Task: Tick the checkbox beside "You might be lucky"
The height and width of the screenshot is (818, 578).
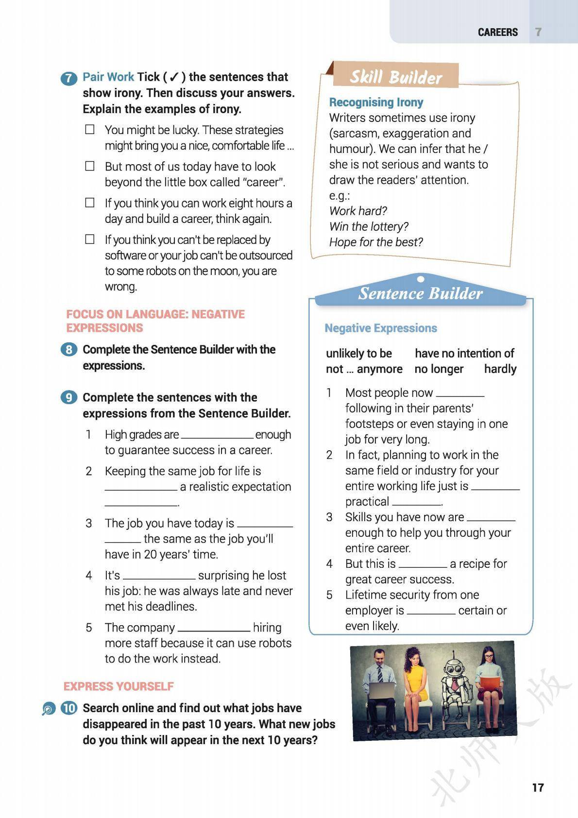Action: click(90, 130)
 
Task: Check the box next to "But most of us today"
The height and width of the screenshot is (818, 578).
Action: click(90, 166)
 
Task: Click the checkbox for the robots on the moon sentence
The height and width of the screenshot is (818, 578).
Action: click(90, 239)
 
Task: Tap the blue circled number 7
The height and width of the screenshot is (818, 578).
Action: click(69, 78)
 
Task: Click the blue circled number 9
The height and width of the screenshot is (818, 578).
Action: click(69, 398)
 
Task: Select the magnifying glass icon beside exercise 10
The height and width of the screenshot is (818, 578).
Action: click(49, 709)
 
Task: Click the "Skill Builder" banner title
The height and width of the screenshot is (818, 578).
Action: click(396, 77)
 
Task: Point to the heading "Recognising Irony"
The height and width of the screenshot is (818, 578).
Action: click(376, 102)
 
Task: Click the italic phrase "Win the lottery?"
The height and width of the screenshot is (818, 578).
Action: click(369, 226)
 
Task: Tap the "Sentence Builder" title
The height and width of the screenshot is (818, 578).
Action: click(420, 293)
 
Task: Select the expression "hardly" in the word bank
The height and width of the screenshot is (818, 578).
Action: click(500, 369)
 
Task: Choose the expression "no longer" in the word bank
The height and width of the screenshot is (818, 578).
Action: click(439, 369)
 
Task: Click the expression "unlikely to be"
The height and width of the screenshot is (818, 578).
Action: click(359, 354)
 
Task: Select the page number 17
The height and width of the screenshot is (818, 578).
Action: click(538, 787)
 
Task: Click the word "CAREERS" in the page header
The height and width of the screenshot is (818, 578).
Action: click(498, 32)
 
